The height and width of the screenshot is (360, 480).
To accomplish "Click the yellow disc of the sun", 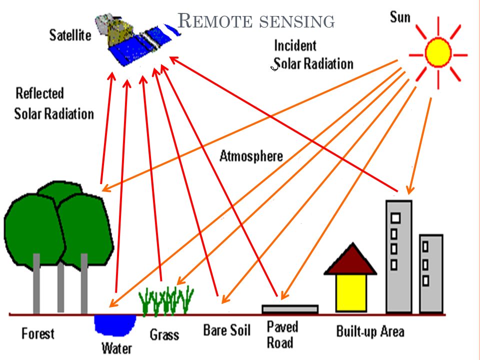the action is tap(438, 52).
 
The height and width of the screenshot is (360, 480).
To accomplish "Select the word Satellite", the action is tap(70, 35).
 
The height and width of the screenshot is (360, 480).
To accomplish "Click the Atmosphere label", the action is tap(251, 156).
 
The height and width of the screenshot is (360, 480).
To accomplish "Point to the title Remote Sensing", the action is tap(256, 21).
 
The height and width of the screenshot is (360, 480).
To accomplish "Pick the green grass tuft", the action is tap(166, 300).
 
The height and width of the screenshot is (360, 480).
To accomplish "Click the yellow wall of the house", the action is tap(351, 293).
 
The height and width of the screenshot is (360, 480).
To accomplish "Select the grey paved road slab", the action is tap(290, 309).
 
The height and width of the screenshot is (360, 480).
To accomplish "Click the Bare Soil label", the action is tap(227, 330).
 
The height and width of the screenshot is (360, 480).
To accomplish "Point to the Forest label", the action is tap(38, 333).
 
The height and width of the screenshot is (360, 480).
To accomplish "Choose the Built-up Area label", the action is tap(370, 331).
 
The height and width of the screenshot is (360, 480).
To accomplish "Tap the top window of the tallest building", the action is tap(395, 218).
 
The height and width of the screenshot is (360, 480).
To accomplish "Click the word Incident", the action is tap(295, 45).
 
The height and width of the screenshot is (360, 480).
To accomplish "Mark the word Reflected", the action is tap(40, 93).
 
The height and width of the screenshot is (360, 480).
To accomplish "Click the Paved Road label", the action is tap(282, 334).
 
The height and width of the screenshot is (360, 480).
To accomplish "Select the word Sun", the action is tap(400, 17).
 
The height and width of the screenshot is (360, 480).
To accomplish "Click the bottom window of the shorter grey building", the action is tap(425, 280).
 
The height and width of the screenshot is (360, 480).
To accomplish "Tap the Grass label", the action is tap(164, 334).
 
